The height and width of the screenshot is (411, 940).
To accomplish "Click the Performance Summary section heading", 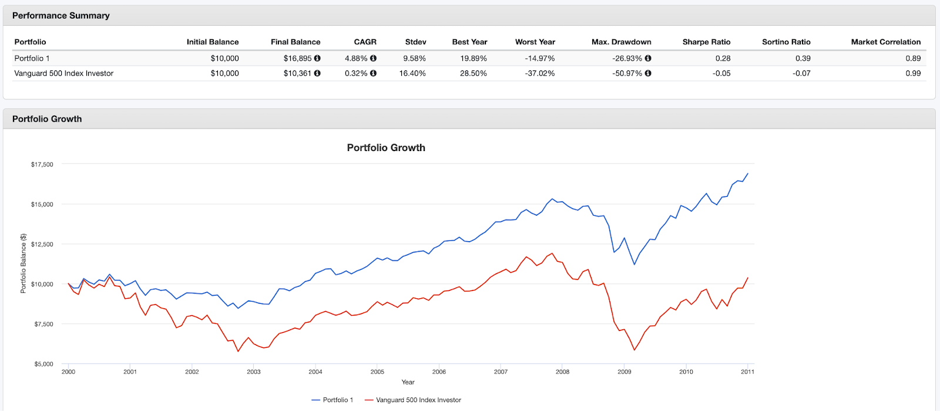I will (61, 16).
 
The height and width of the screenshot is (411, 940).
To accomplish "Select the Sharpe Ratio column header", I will (706, 42).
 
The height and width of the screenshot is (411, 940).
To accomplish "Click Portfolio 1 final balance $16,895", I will (298, 58).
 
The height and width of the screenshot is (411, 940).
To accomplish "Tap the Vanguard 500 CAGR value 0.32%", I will (356, 73).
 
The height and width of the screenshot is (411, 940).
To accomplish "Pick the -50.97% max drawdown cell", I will (627, 73).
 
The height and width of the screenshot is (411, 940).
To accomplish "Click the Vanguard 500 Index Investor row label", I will (63, 73).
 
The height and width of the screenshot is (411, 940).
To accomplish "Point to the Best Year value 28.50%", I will (473, 73).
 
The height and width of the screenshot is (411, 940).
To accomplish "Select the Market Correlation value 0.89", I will (913, 58).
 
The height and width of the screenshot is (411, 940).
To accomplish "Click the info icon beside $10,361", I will (317, 73).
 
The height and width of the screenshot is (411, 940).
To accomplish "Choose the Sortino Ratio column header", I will (786, 42).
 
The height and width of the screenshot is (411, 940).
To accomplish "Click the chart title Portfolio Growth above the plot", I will (386, 148).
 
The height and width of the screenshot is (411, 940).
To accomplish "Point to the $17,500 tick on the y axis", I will (42, 165).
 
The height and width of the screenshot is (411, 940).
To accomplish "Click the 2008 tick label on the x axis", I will (562, 372).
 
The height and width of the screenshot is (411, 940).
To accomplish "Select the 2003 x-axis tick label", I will (254, 372).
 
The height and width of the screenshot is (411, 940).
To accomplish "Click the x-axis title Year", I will (408, 382).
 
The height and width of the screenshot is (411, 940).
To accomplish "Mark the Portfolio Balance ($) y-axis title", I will (23, 263).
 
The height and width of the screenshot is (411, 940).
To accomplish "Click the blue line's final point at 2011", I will (747, 174).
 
